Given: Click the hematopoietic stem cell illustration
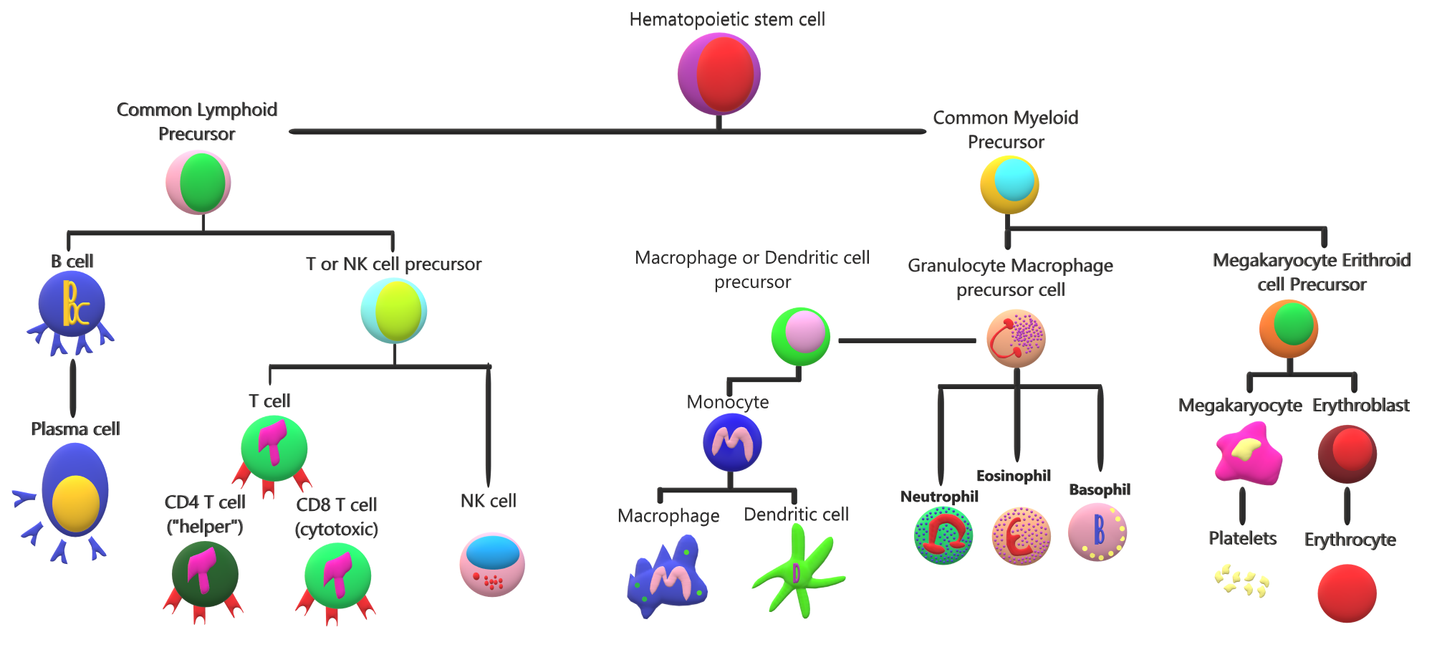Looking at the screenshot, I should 719,74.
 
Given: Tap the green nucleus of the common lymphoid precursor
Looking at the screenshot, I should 202,183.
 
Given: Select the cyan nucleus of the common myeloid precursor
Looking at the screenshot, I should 1014,179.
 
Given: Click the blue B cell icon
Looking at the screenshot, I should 72,306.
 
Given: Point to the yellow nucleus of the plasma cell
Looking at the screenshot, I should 75,503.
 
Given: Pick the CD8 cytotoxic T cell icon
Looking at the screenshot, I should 337,577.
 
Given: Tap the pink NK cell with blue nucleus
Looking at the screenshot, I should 492,565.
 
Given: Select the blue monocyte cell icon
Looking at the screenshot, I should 731,443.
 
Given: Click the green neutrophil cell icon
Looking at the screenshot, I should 943,535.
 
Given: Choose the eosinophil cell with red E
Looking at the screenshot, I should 1021,536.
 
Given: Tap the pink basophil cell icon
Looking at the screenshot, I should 1097,532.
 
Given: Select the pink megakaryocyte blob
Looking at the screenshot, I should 1248,454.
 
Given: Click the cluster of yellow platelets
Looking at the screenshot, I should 1241,580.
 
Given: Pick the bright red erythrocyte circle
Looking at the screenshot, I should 1347,593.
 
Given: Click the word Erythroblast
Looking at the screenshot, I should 1360,406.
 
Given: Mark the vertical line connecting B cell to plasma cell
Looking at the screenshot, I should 73,388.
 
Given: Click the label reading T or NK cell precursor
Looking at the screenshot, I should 393,264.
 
